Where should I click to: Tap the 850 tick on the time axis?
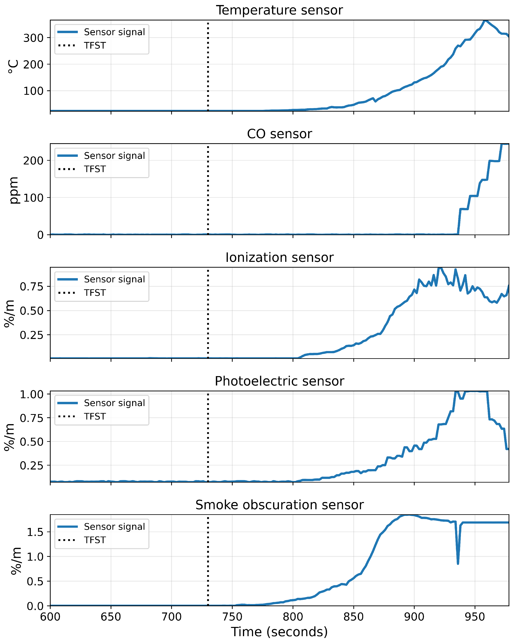pyautogui.click(x=354, y=616)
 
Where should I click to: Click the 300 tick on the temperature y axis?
pyautogui.click(x=33, y=38)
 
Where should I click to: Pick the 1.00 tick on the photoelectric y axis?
pyautogui.click(x=31, y=394)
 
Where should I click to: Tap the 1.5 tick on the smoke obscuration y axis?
pyautogui.click(x=35, y=532)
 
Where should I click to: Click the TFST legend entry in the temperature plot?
pyautogui.click(x=95, y=46)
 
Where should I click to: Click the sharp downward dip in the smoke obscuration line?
pyautogui.click(x=458, y=563)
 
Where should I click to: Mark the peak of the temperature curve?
pyautogui.click(x=486, y=20)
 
